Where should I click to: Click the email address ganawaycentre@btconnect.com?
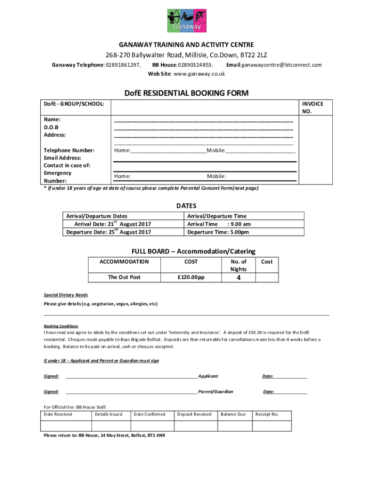coord(281,65)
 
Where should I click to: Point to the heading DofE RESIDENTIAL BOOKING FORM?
coord(186,93)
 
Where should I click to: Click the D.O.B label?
coord(51,127)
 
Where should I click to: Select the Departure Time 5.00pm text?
coord(218,232)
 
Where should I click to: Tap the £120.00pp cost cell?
coord(191,277)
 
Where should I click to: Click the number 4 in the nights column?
coord(238,278)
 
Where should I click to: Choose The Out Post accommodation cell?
coord(124,277)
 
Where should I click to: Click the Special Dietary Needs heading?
coord(66,294)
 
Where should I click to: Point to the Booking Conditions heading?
coord(61,326)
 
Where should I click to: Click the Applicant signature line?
coord(131,376)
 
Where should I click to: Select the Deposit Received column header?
coord(194,414)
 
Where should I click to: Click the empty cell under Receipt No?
coord(272,426)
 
